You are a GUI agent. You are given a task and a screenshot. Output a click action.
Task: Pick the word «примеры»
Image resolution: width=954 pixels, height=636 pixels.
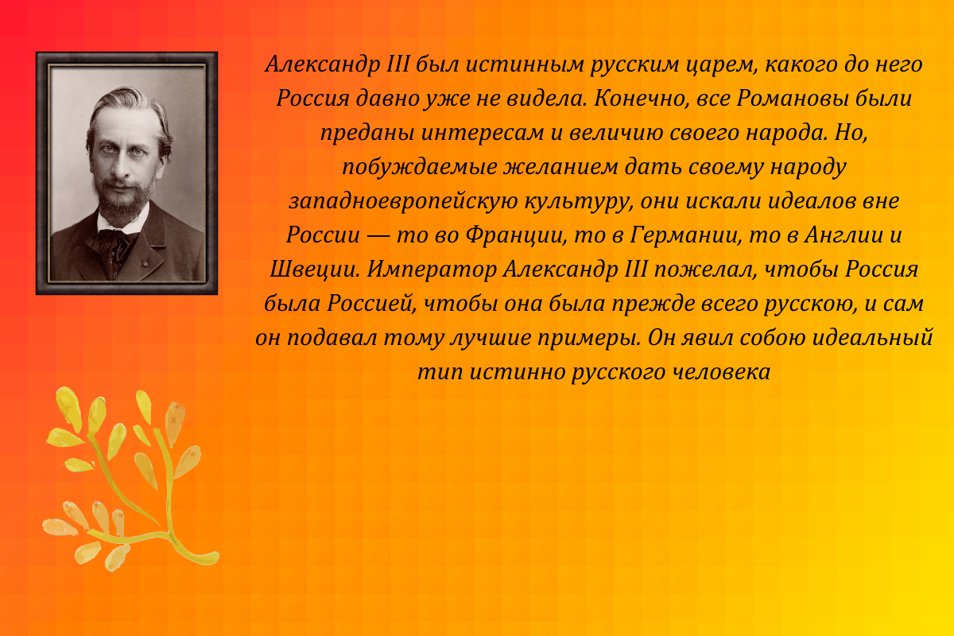(x=588, y=338)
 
